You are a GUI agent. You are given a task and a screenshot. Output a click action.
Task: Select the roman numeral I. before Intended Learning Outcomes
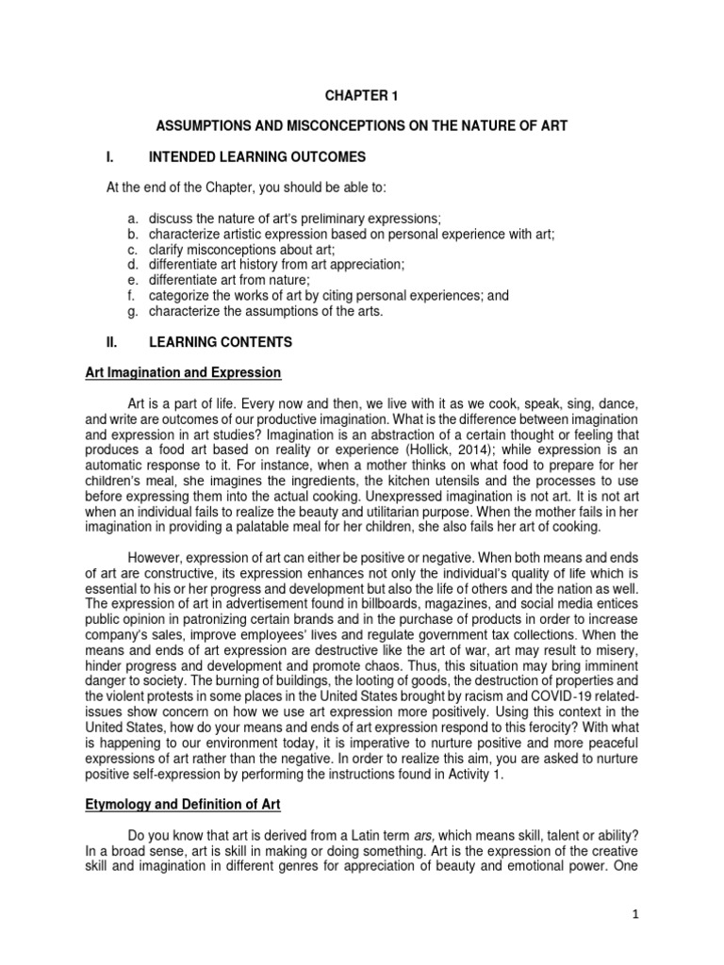coord(111,155)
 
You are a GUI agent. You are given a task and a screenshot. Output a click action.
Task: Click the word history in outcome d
coord(239,264)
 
